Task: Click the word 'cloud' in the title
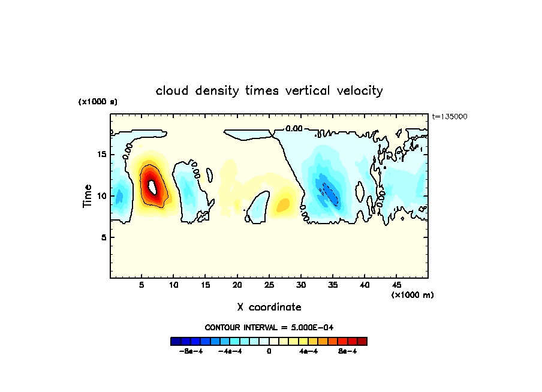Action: (x=172, y=91)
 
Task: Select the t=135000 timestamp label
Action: (x=449, y=117)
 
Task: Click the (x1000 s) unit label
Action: (x=98, y=102)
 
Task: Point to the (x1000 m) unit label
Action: (x=412, y=295)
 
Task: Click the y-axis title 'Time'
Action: (x=88, y=196)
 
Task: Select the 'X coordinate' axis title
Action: (x=269, y=307)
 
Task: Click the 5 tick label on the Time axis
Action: (x=103, y=237)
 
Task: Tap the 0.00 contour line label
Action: (x=294, y=128)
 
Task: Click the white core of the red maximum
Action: (x=152, y=186)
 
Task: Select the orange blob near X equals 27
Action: (x=282, y=206)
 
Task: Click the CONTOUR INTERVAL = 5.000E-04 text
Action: (x=269, y=327)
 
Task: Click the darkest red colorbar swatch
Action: (x=362, y=341)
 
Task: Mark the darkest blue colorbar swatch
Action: (x=176, y=341)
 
